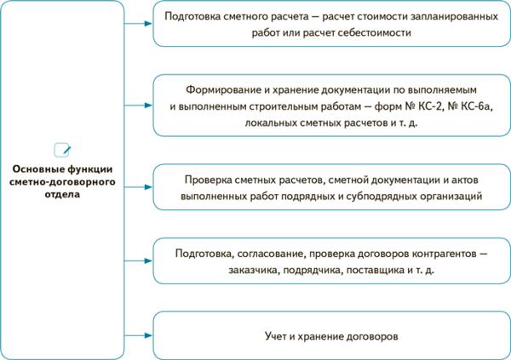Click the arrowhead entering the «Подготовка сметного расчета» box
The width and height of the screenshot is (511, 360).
(149, 24)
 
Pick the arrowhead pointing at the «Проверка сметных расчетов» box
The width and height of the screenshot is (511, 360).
(149, 188)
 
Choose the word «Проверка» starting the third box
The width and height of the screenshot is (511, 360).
(209, 180)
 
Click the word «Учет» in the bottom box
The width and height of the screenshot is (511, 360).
(278, 336)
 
